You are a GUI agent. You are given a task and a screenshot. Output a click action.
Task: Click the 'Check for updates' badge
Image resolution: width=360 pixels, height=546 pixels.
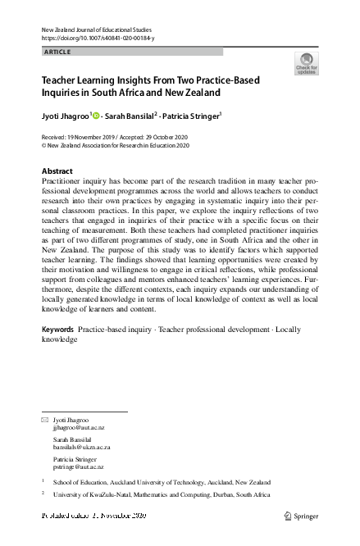pos(306,63)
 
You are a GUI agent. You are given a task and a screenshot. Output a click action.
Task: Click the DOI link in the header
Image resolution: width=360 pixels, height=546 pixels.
pos(97,39)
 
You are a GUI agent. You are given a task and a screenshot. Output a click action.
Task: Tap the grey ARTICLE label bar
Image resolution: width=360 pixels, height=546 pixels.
pos(131,52)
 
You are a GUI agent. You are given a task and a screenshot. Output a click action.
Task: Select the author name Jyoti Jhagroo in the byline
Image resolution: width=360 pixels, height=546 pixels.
pos(64,116)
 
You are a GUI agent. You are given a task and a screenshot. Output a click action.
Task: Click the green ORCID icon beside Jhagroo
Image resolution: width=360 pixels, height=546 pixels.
pos(95,116)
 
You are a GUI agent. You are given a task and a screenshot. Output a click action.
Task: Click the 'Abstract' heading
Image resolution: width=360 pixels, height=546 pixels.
pos(57,171)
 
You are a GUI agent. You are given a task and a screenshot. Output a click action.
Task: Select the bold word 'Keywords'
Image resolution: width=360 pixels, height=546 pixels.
pos(57,330)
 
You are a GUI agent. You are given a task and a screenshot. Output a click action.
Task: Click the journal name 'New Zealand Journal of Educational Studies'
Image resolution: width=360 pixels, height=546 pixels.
pos(95,30)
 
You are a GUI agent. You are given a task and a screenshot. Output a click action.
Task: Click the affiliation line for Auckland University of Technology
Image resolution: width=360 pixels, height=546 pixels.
pos(168,482)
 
